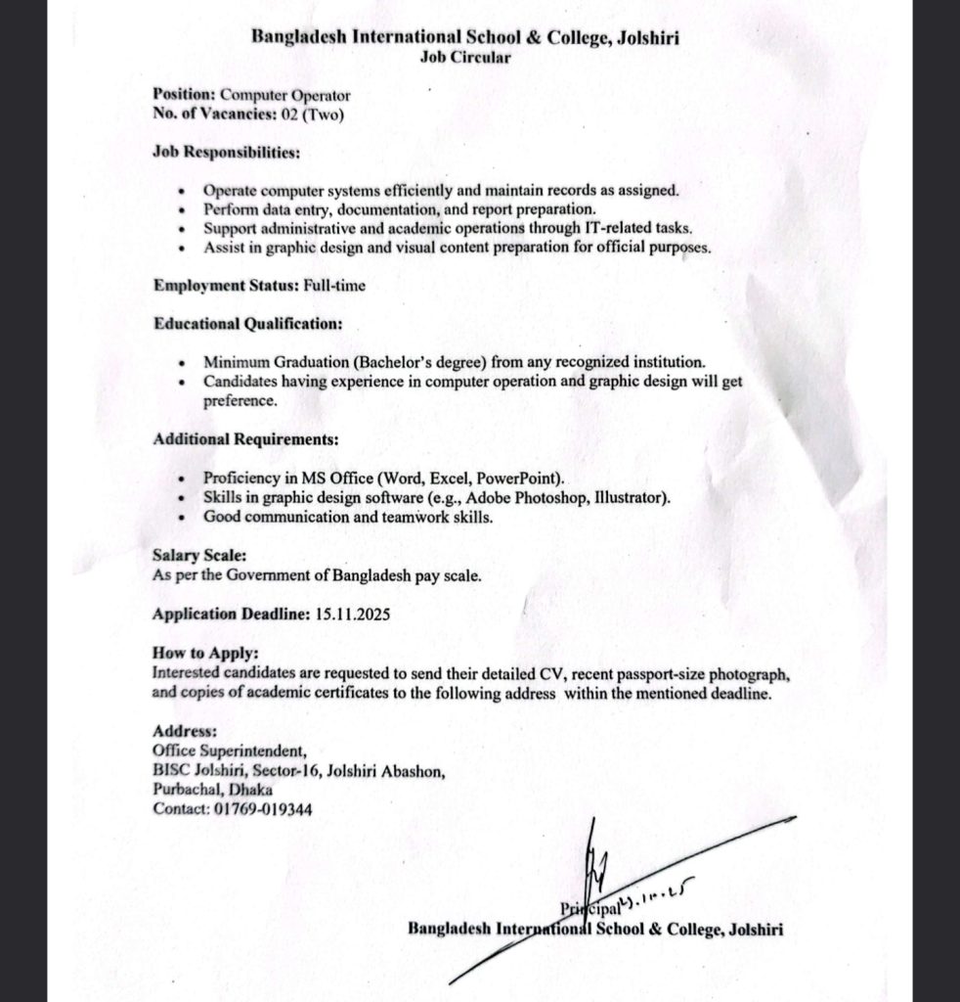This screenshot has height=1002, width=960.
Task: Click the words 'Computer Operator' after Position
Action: click(x=284, y=96)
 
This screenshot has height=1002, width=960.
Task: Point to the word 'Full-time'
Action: click(x=319, y=286)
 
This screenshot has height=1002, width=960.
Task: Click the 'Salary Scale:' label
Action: click(x=193, y=556)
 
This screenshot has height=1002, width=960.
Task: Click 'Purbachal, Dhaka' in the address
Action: click(x=213, y=790)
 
